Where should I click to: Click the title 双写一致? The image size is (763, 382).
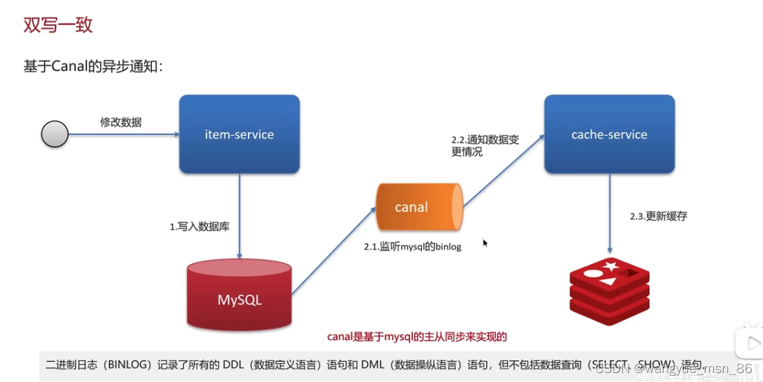coord(58,26)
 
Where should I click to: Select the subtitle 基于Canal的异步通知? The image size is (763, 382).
coord(93,66)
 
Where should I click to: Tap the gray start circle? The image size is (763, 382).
coord(55,134)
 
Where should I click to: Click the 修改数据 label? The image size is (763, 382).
coord(121,122)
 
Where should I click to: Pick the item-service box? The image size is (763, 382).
coord(239,134)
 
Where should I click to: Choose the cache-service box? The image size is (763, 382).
coord(609,134)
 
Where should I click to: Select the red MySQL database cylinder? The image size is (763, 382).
coord(239,296)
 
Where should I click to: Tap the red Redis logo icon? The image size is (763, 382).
coord(609,290)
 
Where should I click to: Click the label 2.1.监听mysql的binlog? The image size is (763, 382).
coord(412,246)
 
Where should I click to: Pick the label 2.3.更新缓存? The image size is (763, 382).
coord(658,216)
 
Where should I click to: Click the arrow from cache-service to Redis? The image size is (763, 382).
coord(610,214)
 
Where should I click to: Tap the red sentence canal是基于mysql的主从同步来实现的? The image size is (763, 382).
coord(416,336)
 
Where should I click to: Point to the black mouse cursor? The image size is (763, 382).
coord(485,243)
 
